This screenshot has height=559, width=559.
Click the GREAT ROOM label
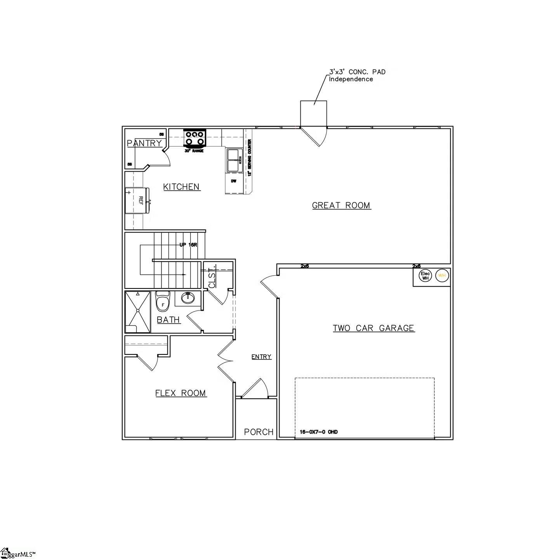[341, 205]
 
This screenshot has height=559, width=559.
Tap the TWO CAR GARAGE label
[373, 328]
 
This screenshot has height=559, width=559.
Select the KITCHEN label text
[181, 187]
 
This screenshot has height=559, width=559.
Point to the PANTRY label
[144, 143]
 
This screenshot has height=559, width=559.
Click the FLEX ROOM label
[181, 393]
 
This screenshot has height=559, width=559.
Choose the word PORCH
[259, 432]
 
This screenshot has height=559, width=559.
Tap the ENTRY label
[261, 357]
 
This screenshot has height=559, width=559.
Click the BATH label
[168, 320]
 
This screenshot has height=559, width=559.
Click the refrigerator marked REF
[137, 200]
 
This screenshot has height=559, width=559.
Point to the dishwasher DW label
[234, 181]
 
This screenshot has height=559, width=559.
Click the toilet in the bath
[162, 302]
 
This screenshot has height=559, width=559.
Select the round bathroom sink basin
[188, 298]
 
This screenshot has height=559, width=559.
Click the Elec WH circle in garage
[425, 276]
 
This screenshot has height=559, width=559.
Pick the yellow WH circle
[442, 276]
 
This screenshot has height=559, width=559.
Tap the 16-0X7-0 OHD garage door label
[319, 432]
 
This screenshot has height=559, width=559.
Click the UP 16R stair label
[188, 245]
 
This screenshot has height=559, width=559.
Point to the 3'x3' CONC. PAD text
[357, 72]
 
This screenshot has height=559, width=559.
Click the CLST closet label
[212, 277]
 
